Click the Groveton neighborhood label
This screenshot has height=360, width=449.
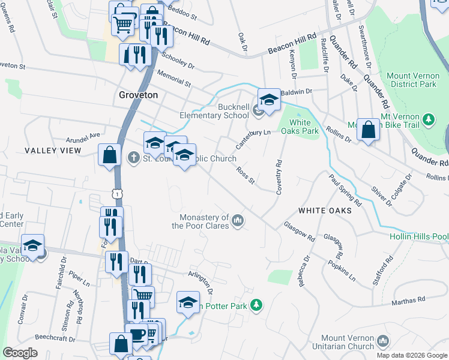(x=138, y=95)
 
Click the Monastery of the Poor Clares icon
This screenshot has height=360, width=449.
(x=238, y=221)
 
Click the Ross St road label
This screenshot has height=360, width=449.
(x=246, y=176)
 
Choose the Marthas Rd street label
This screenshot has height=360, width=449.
(x=409, y=299)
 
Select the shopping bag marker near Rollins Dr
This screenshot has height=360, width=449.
(x=368, y=129)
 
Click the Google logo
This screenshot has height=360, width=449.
(x=20, y=353)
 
